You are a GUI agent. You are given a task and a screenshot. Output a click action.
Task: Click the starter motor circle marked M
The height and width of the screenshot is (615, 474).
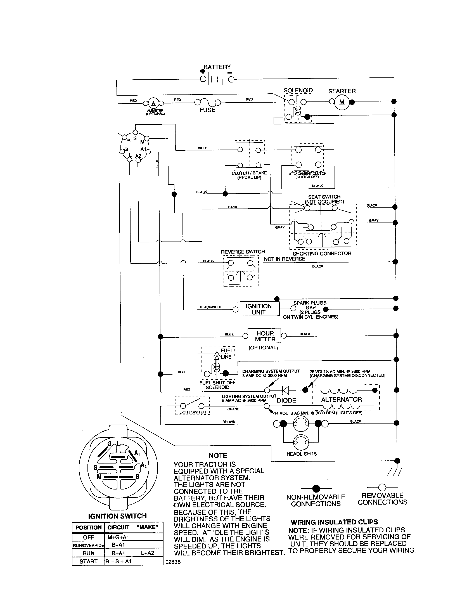tap(342, 102)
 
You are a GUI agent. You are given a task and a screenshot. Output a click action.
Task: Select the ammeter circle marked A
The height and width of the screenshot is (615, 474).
tap(153, 103)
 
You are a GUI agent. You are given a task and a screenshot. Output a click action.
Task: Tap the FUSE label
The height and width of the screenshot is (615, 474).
tap(207, 110)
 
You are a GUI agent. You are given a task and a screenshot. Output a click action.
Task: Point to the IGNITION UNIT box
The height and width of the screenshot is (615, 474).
tap(259, 309)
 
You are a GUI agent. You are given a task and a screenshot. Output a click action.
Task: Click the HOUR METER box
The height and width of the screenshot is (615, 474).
tap(265, 336)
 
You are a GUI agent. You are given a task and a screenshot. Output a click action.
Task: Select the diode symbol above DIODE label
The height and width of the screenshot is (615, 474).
tap(286, 390)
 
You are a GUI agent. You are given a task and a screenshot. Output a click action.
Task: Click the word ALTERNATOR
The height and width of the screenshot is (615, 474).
tap(342, 399)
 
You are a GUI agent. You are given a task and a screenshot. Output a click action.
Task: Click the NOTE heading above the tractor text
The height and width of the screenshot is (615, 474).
tap(218, 455)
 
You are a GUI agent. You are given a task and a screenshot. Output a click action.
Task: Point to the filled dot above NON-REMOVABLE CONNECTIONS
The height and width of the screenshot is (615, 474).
tap(316, 488)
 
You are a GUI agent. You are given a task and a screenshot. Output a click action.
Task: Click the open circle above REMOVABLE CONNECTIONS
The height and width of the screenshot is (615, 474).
tap(382, 487)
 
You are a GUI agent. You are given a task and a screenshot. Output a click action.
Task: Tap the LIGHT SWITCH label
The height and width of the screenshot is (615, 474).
tap(193, 412)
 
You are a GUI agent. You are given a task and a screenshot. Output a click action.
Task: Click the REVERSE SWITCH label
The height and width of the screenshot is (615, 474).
tap(243, 252)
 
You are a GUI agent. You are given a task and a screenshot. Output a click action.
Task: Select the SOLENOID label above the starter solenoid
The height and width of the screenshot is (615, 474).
tap(298, 90)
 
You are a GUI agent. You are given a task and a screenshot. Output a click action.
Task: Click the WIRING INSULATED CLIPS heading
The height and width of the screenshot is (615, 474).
tap(334, 522)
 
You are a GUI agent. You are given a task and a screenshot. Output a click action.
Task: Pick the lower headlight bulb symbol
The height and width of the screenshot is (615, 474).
tap(301, 443)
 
